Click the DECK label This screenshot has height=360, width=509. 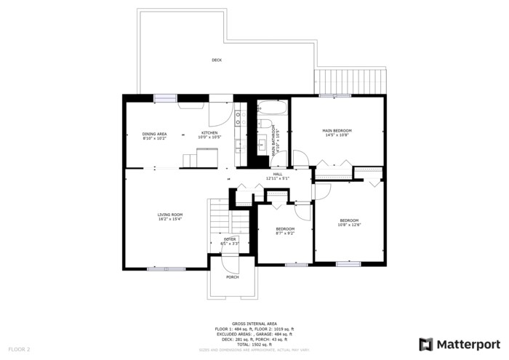pos(217,60)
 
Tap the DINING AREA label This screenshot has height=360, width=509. pos(154,134)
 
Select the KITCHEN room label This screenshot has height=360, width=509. pos(209,133)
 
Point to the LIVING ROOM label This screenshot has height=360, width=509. pos(170,215)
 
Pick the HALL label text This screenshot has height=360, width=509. pos(278,174)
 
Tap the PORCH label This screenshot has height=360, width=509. pos(232,277)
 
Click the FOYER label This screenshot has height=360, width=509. pos(230,239)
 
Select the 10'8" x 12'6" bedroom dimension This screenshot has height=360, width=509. pos(349,225)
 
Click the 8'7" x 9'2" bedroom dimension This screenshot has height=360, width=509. pos(284,233)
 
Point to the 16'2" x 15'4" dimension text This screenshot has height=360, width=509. pos(170,220)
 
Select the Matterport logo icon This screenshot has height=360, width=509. pos(426,344)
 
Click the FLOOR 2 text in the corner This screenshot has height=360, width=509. pos(19,350)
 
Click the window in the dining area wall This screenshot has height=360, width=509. pos(165,98)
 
